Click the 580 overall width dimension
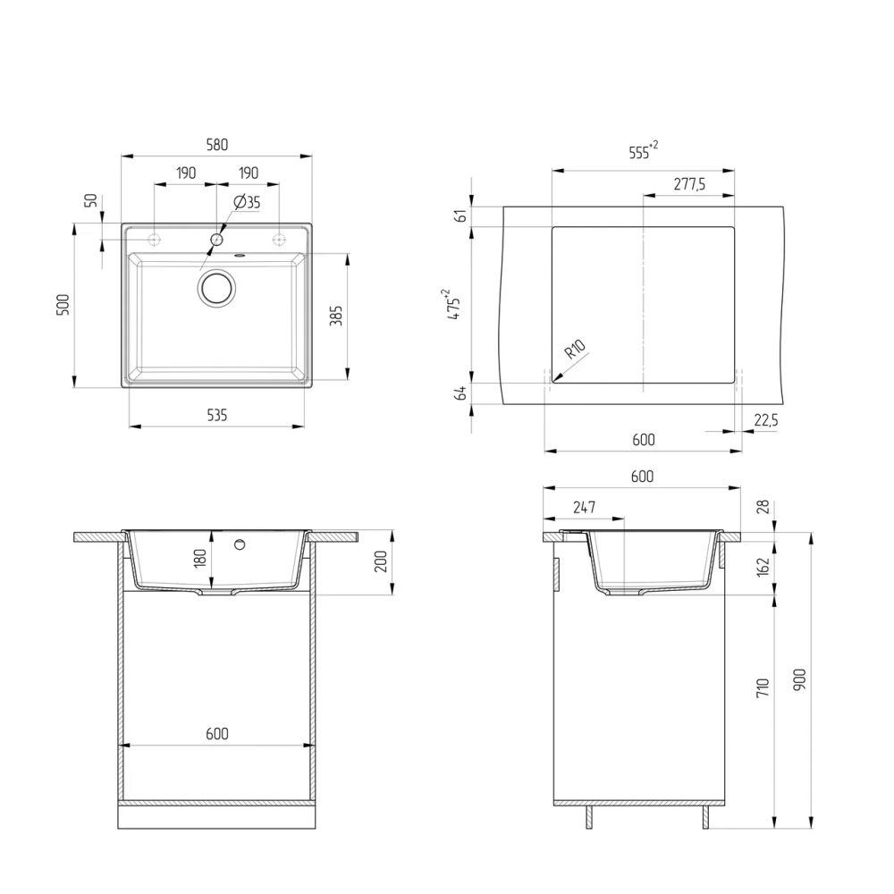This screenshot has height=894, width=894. (217, 144)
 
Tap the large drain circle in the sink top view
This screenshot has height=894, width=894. (216, 288)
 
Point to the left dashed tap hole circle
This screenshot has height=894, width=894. (154, 240)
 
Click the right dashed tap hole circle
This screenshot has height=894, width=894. (279, 240)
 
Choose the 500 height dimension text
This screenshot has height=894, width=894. (62, 306)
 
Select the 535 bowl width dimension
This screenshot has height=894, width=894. (217, 415)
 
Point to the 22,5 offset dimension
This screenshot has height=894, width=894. (765, 419)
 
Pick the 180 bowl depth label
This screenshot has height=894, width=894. (200, 558)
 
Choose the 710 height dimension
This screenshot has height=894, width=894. (761, 687)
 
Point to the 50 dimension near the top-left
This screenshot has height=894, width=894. (89, 201)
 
